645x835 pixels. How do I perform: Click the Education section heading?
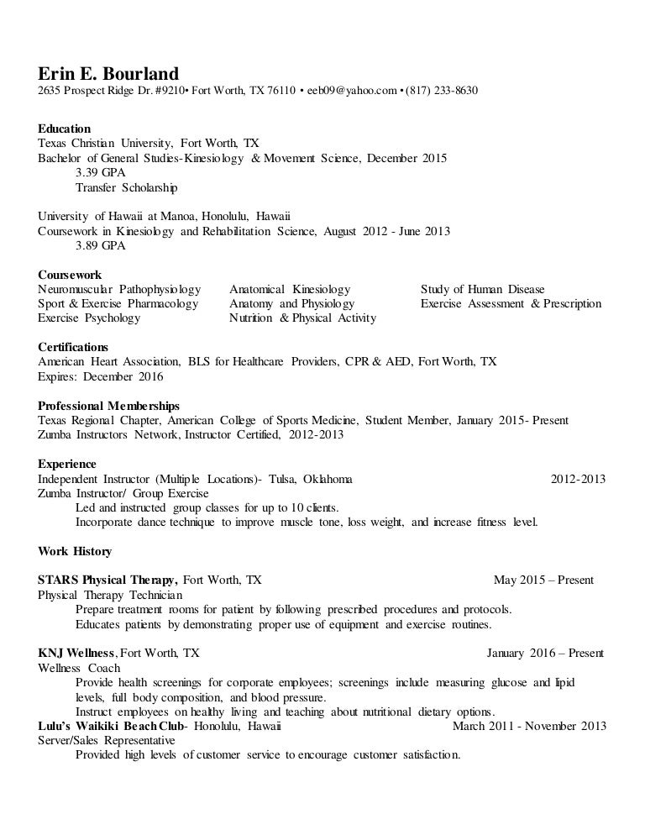tap(65, 129)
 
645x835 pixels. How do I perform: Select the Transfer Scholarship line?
tap(126, 187)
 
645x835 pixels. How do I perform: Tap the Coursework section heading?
tap(70, 275)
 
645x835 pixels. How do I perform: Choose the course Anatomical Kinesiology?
tap(290, 289)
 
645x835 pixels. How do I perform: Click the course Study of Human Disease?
tap(483, 289)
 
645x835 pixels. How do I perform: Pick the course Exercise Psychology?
tap(89, 318)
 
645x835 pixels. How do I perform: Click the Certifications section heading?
tap(73, 347)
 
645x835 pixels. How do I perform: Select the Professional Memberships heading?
tap(109, 406)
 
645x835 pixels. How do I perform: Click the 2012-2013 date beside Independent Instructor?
tap(578, 479)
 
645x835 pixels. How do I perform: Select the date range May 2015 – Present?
tap(543, 580)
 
